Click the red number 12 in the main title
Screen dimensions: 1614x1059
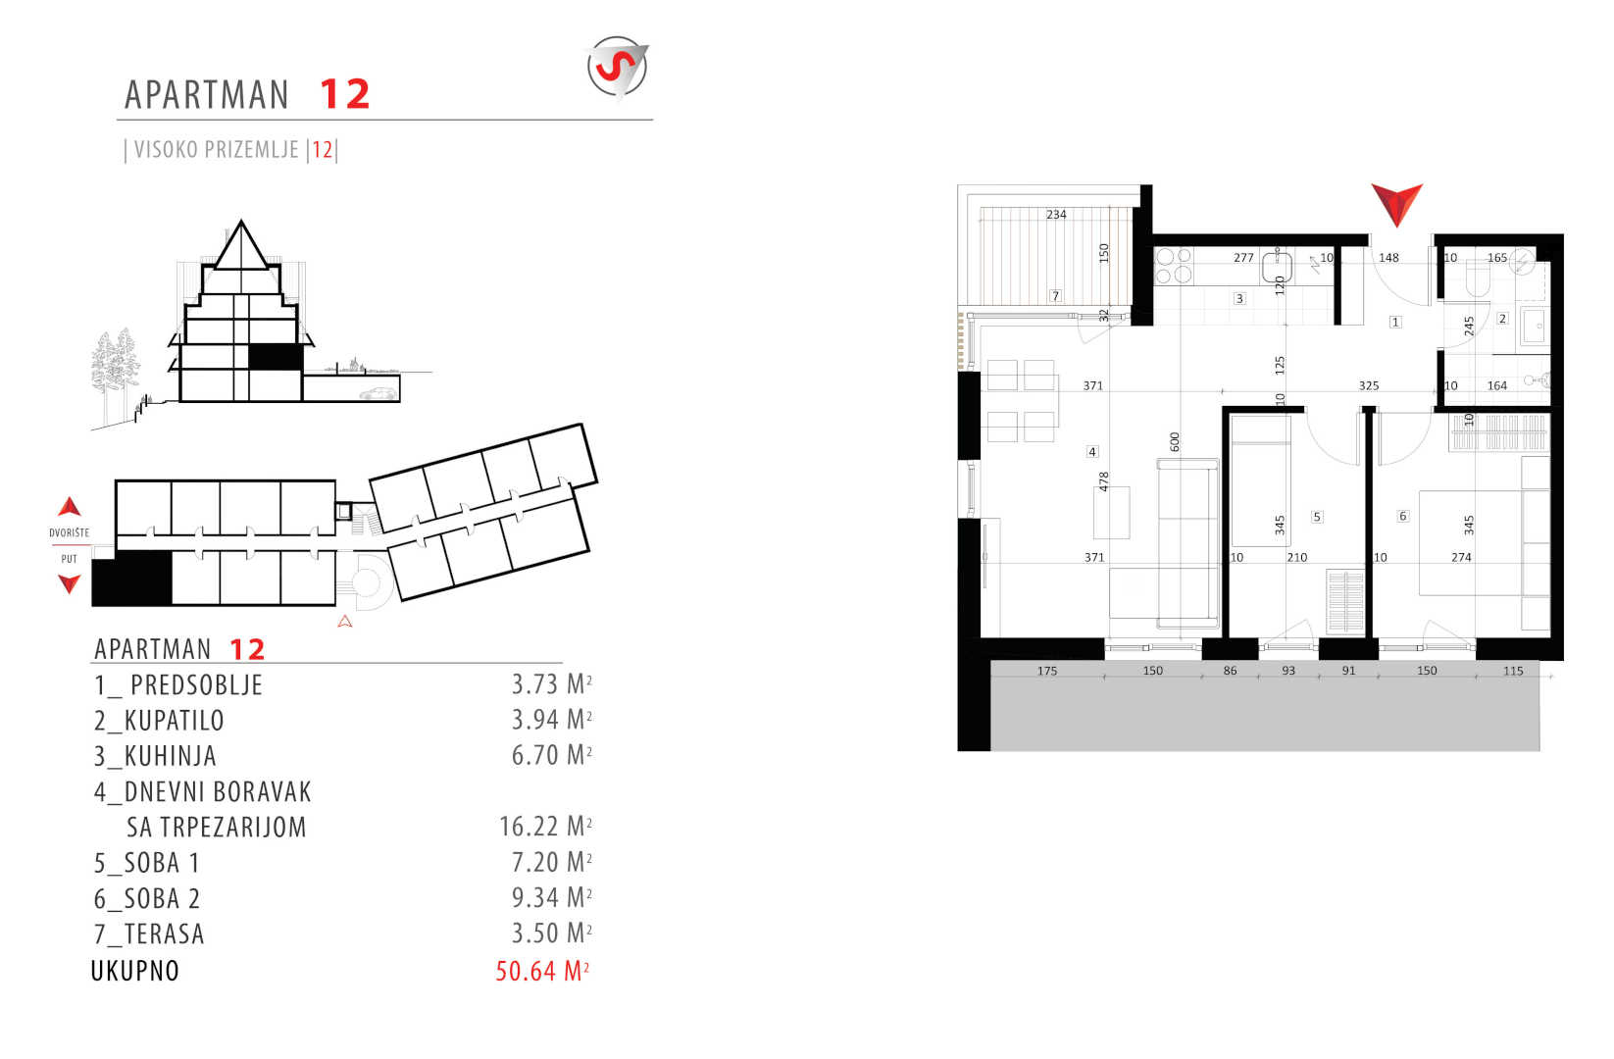pyautogui.click(x=344, y=94)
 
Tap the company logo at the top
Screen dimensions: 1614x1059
pyautogui.click(x=618, y=67)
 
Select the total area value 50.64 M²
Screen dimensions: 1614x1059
pyautogui.click(x=542, y=971)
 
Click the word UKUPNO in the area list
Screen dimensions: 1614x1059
pyautogui.click(x=134, y=971)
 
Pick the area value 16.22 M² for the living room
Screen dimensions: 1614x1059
pyautogui.click(x=545, y=827)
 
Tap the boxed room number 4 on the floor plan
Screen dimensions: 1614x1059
pyautogui.click(x=1092, y=452)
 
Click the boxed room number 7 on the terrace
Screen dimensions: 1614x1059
pyautogui.click(x=1056, y=295)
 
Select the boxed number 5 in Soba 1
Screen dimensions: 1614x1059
pyautogui.click(x=1317, y=517)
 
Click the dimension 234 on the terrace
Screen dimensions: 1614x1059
pyautogui.click(x=1056, y=214)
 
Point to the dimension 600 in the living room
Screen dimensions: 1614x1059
pyautogui.click(x=1175, y=441)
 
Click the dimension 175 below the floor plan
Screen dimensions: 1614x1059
pyautogui.click(x=1047, y=671)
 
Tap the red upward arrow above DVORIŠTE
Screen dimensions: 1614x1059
pyautogui.click(x=70, y=506)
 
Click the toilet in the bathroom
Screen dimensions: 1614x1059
pyautogui.click(x=1477, y=281)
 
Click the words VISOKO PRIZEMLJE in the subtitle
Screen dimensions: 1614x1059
pyautogui.click(x=216, y=150)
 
